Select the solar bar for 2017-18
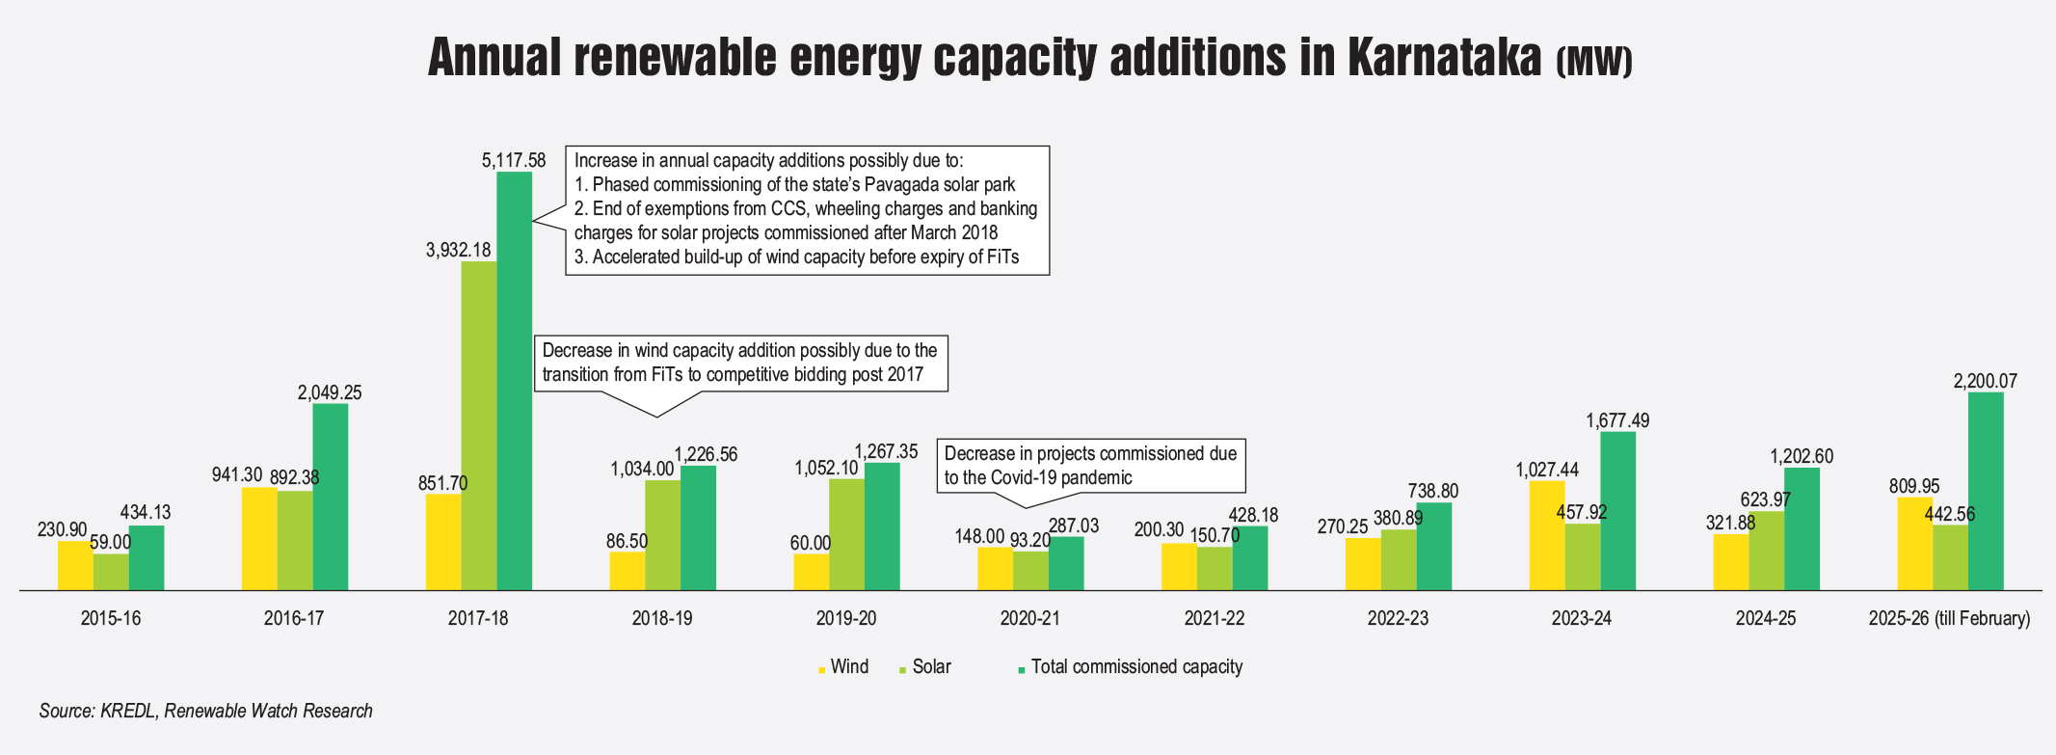coord(479,424)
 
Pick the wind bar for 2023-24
coord(1547,535)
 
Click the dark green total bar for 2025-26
coord(1986,491)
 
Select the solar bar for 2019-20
coord(846,534)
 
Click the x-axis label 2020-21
coord(1029,618)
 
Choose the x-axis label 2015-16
coord(111,618)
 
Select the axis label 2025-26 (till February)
coord(1949,618)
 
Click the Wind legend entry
coord(848,666)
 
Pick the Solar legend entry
coord(931,666)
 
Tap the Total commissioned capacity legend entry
coord(1135,666)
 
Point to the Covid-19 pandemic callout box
coord(1090,465)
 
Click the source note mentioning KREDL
coord(205,711)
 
